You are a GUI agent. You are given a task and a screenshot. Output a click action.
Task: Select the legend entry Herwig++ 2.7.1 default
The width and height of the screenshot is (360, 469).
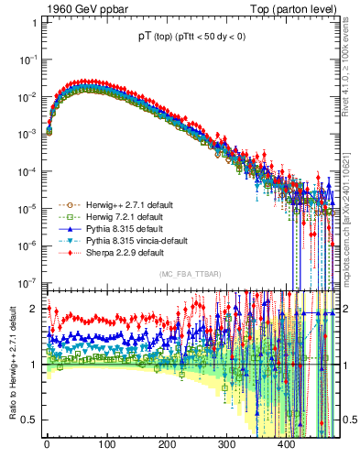123,204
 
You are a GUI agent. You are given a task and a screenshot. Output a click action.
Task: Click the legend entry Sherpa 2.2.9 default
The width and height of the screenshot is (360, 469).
117,252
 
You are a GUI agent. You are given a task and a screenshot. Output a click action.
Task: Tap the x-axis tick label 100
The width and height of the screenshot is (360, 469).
106,445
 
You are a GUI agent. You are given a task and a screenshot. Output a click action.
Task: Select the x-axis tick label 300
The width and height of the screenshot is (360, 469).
226,445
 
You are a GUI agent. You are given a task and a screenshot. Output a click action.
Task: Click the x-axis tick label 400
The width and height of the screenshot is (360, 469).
286,445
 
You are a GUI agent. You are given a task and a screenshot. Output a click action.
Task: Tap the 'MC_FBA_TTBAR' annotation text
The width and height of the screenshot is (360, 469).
189,275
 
